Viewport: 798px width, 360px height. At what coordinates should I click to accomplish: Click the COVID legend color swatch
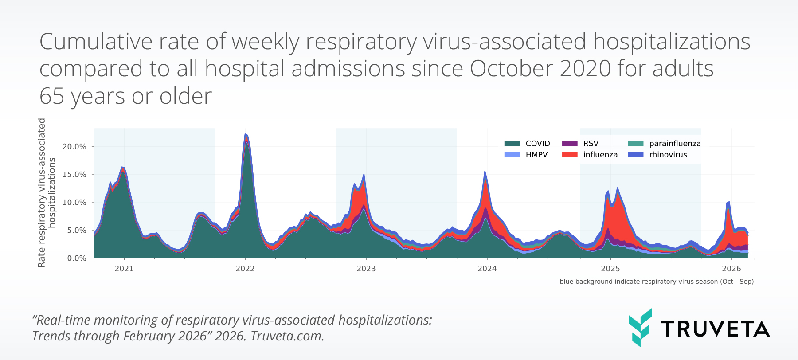click(x=512, y=143)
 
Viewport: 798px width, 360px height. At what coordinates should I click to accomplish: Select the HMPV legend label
click(x=536, y=155)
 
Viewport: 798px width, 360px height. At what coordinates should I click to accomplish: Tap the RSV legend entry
click(x=591, y=143)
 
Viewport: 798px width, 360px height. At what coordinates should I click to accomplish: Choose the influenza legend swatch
click(x=570, y=155)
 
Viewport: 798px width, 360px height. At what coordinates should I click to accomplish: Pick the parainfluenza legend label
click(x=675, y=143)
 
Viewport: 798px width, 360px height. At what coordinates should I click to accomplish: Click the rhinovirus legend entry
click(x=668, y=155)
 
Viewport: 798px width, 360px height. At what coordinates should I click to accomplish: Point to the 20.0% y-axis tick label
click(x=74, y=147)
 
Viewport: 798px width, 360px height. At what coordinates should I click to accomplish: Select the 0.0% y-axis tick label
click(x=76, y=258)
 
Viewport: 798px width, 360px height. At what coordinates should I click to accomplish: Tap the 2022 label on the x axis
click(x=245, y=269)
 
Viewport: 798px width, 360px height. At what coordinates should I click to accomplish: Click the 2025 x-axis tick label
click(x=610, y=269)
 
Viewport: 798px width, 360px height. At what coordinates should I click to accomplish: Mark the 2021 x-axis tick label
click(x=124, y=269)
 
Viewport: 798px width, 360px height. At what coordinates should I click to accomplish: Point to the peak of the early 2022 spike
click(x=245, y=134)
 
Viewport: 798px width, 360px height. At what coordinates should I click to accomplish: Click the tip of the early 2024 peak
click(x=485, y=172)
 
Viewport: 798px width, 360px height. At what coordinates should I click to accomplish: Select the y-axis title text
click(x=47, y=193)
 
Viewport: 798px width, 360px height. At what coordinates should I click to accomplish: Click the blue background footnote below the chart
click(x=656, y=282)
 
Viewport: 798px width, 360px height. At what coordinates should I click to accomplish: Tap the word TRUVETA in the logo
click(x=715, y=329)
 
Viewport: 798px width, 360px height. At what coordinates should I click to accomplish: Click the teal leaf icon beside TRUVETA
click(x=640, y=327)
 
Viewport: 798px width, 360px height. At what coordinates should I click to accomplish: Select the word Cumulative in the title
click(x=96, y=42)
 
